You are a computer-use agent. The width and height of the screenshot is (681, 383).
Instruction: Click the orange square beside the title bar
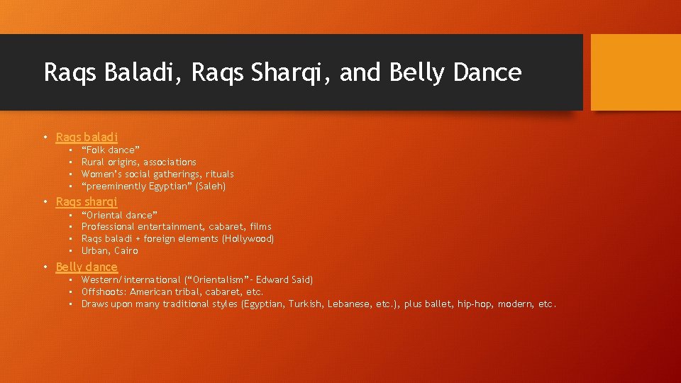pos(636,72)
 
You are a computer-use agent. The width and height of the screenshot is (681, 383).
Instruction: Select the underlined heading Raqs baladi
pos(87,137)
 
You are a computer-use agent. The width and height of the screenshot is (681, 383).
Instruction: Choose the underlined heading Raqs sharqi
pos(87,201)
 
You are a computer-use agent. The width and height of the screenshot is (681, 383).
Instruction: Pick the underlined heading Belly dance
pos(87,267)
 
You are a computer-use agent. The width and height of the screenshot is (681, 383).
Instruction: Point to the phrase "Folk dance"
pos(111,150)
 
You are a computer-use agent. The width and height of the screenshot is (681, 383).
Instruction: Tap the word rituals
pos(219,174)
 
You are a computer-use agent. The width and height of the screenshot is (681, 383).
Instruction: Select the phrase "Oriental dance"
pos(119,215)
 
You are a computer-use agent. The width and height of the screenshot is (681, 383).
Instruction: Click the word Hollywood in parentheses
pos(248,239)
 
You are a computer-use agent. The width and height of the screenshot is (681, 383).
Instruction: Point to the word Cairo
pos(126,251)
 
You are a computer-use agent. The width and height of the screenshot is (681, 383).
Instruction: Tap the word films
pos(260,227)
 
